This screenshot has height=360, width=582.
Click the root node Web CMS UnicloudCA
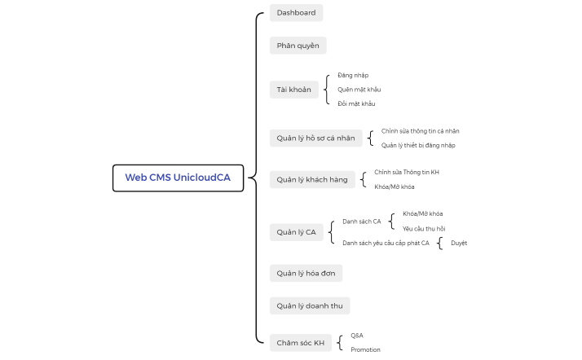click(x=178, y=178)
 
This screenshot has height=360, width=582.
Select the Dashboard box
click(x=296, y=12)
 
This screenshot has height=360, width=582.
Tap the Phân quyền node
click(x=298, y=45)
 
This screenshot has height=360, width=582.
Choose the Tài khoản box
click(x=293, y=90)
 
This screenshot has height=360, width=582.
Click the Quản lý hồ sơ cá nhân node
click(x=315, y=138)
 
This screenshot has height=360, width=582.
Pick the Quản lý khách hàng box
click(x=311, y=179)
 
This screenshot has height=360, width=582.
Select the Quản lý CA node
click(x=296, y=232)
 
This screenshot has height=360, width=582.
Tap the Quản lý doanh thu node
click(x=309, y=305)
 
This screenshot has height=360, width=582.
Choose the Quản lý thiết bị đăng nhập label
click(x=418, y=145)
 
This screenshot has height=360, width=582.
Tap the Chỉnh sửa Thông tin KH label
click(x=407, y=172)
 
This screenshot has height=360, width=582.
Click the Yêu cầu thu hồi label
click(x=424, y=228)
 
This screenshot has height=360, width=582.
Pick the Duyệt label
click(x=459, y=243)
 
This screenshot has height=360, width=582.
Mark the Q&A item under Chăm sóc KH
click(x=357, y=335)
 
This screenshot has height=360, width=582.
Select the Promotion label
click(x=365, y=349)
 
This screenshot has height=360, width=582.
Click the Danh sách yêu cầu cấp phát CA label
click(x=386, y=243)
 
